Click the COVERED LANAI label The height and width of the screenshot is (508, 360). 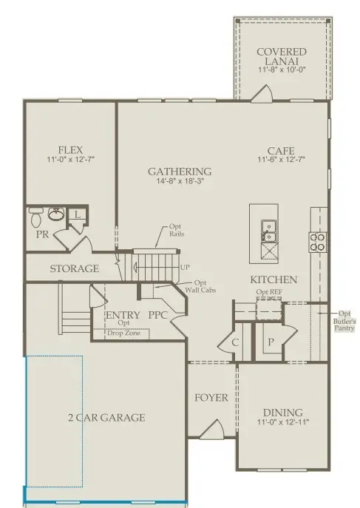[282, 56]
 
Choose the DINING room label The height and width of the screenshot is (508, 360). [282, 412]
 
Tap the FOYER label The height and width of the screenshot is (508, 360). [211, 398]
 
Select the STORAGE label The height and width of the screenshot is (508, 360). [74, 268]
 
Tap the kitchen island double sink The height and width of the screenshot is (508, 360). [268, 231]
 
